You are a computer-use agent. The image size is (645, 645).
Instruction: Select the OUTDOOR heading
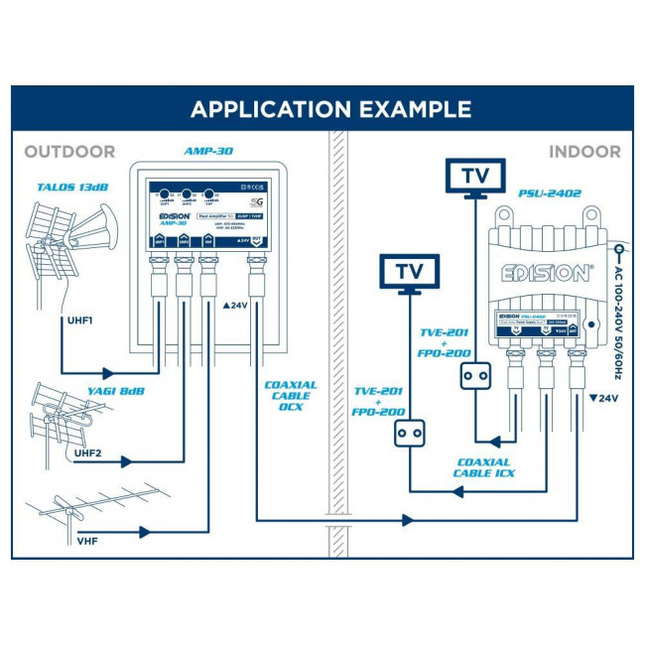[69, 152]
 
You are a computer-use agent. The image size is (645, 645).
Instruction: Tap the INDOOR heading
[585, 152]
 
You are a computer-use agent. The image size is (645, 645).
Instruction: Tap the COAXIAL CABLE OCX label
[291, 396]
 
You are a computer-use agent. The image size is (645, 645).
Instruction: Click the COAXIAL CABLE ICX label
[483, 467]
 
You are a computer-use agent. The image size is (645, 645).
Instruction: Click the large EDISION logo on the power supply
[541, 273]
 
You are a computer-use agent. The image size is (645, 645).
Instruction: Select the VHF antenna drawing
[84, 511]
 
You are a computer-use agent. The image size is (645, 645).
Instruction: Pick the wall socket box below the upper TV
[474, 376]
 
